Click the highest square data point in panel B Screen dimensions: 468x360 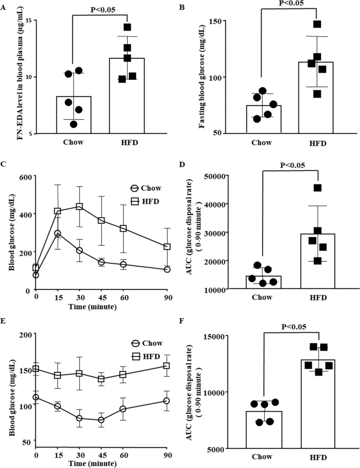pyautogui.click(x=317, y=24)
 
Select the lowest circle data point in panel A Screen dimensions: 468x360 pyautogui.click(x=74, y=124)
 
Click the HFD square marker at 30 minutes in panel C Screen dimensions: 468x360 pyautogui.click(x=80, y=206)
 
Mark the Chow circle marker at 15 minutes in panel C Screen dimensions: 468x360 pyautogui.click(x=58, y=233)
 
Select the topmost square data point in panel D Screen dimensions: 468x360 pyautogui.click(x=317, y=188)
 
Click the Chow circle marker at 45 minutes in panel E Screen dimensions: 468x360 pyautogui.click(x=101, y=420)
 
